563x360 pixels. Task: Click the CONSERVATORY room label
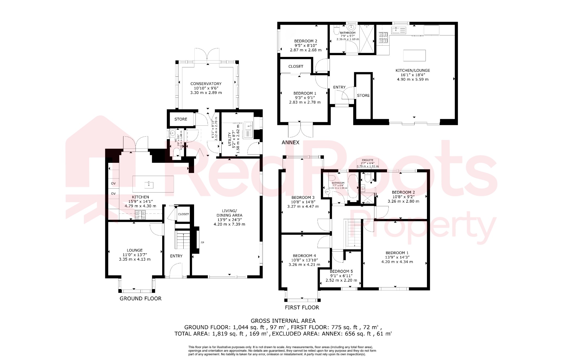(x=206, y=84)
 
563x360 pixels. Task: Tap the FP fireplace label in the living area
(x=202, y=243)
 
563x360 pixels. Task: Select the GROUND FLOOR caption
(x=140, y=298)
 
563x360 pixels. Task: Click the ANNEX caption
(x=290, y=142)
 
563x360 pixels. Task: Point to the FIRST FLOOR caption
(x=302, y=307)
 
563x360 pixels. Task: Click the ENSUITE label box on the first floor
(x=368, y=163)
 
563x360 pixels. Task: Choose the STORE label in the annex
(x=363, y=95)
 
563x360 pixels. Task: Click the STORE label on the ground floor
(x=181, y=119)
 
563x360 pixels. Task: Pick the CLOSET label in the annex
(x=296, y=66)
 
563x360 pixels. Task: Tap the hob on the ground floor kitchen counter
(x=140, y=215)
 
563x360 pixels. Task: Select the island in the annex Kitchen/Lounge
(x=414, y=55)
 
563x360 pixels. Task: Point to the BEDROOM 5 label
(x=341, y=271)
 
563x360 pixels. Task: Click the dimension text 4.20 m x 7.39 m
(x=229, y=224)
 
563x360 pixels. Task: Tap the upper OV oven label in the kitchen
(x=113, y=183)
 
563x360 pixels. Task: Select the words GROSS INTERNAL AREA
(x=283, y=321)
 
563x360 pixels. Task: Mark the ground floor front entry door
(x=176, y=271)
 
